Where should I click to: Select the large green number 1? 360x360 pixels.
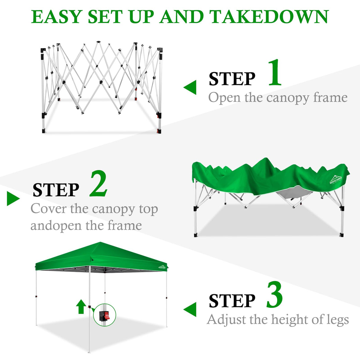(x=275, y=73)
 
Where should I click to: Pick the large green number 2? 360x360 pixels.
(x=98, y=184)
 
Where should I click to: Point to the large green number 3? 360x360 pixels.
(x=274, y=295)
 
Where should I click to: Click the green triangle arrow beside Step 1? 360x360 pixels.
(x=191, y=87)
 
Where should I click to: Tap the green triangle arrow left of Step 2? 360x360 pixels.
(x=13, y=198)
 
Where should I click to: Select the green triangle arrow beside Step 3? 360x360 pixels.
(x=191, y=309)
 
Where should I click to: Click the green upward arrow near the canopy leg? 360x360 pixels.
(x=81, y=307)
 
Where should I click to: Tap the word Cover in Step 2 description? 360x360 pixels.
(x=48, y=209)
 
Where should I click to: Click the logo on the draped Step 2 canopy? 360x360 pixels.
(x=336, y=180)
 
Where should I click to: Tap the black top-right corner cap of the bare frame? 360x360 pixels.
(x=160, y=50)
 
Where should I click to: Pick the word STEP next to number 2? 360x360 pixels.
(x=56, y=190)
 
